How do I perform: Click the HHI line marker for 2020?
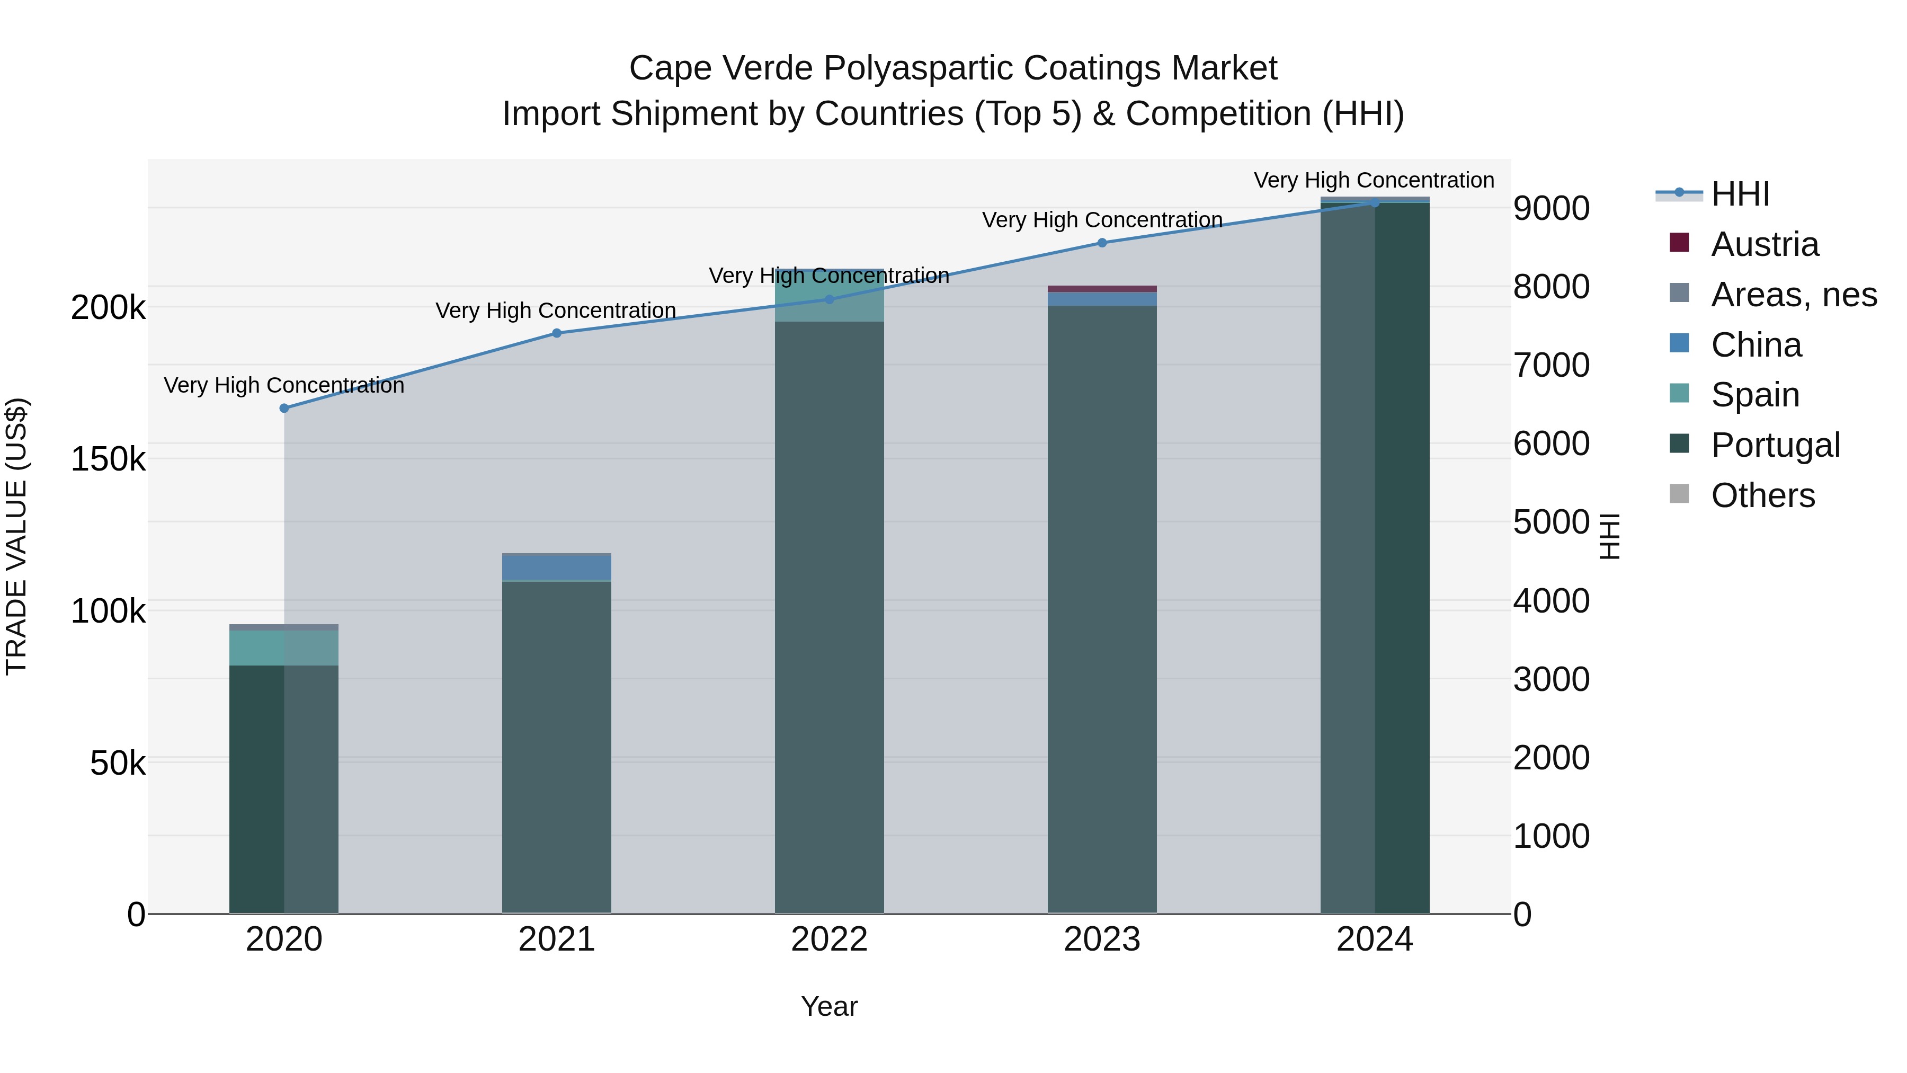tap(284, 408)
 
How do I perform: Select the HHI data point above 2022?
tap(829, 299)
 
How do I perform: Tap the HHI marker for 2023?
tap(1102, 243)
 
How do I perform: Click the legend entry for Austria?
tap(1764, 244)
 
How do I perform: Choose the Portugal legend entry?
tap(1775, 445)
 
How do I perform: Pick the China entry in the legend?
tap(1755, 345)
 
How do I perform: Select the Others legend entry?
tap(1762, 495)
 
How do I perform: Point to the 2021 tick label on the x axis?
tap(557, 939)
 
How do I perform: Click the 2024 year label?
tap(1375, 939)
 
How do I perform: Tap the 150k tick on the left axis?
tap(108, 459)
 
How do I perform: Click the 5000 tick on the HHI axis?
tap(1551, 522)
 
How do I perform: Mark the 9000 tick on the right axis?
tap(1551, 208)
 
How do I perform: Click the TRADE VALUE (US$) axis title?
tap(16, 536)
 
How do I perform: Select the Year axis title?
tap(829, 1006)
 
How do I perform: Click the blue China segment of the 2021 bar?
tap(557, 567)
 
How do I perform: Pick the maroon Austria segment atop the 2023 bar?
tap(1102, 289)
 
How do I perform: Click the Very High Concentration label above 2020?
tap(284, 385)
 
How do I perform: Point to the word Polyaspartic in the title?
tap(917, 68)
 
